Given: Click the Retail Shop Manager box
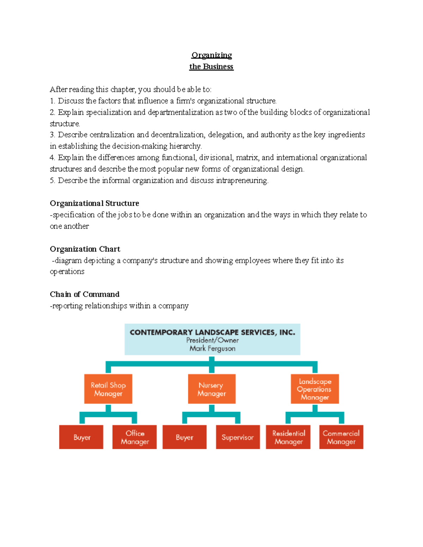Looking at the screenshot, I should (x=108, y=389).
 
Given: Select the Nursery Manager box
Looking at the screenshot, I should (x=211, y=389).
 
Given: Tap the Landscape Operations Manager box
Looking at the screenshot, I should (x=314, y=389).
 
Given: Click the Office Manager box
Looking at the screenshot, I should (x=135, y=437).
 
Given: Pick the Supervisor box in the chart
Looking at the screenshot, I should (x=238, y=437).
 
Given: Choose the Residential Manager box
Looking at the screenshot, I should (x=288, y=437).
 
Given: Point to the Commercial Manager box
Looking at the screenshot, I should (x=341, y=437).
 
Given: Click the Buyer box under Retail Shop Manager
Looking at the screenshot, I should (x=81, y=437).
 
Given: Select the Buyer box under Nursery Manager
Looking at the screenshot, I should (x=184, y=437).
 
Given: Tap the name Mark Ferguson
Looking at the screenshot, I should (x=212, y=348).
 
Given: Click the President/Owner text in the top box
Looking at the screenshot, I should (x=212, y=340).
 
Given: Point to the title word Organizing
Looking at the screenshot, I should (x=211, y=55).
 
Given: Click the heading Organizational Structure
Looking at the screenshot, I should (x=94, y=203).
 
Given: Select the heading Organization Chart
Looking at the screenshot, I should (x=85, y=249).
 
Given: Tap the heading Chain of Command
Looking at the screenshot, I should (x=85, y=294).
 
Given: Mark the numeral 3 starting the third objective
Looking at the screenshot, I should (x=52, y=135).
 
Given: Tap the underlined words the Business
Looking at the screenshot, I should (x=211, y=67).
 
